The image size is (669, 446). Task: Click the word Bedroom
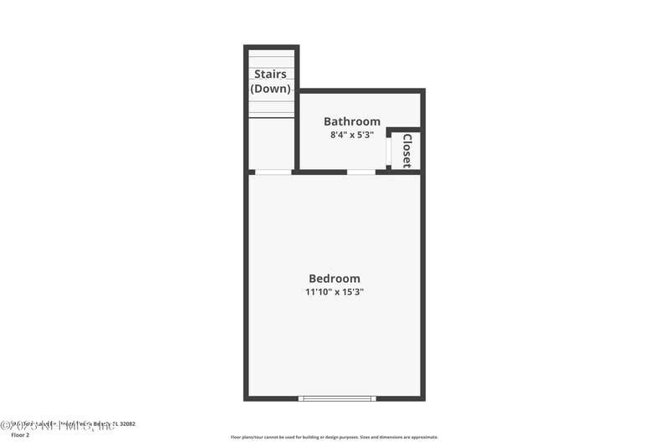pos(334,279)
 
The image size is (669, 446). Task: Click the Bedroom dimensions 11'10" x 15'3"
pos(334,292)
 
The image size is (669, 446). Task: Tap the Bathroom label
pos(352,121)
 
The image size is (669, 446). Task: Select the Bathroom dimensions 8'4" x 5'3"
pos(352,134)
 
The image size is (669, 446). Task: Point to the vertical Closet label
pos(407,151)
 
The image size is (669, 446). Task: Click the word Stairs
pos(271,74)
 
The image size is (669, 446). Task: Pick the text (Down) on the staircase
pos(271,89)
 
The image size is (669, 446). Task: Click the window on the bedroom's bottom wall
pos(337,398)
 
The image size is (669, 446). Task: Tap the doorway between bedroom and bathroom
pos(360,172)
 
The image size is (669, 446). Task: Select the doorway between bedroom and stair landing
pos(273,172)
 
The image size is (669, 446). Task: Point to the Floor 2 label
pos(20,435)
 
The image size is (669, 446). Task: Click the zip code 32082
pos(126,424)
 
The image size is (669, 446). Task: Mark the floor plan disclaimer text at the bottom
pos(334,437)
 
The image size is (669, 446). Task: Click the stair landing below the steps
pos(271,144)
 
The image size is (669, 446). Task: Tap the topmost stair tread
pos(271,54)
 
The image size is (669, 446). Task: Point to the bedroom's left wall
pos(247,285)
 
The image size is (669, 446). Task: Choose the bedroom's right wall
pos(422,285)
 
